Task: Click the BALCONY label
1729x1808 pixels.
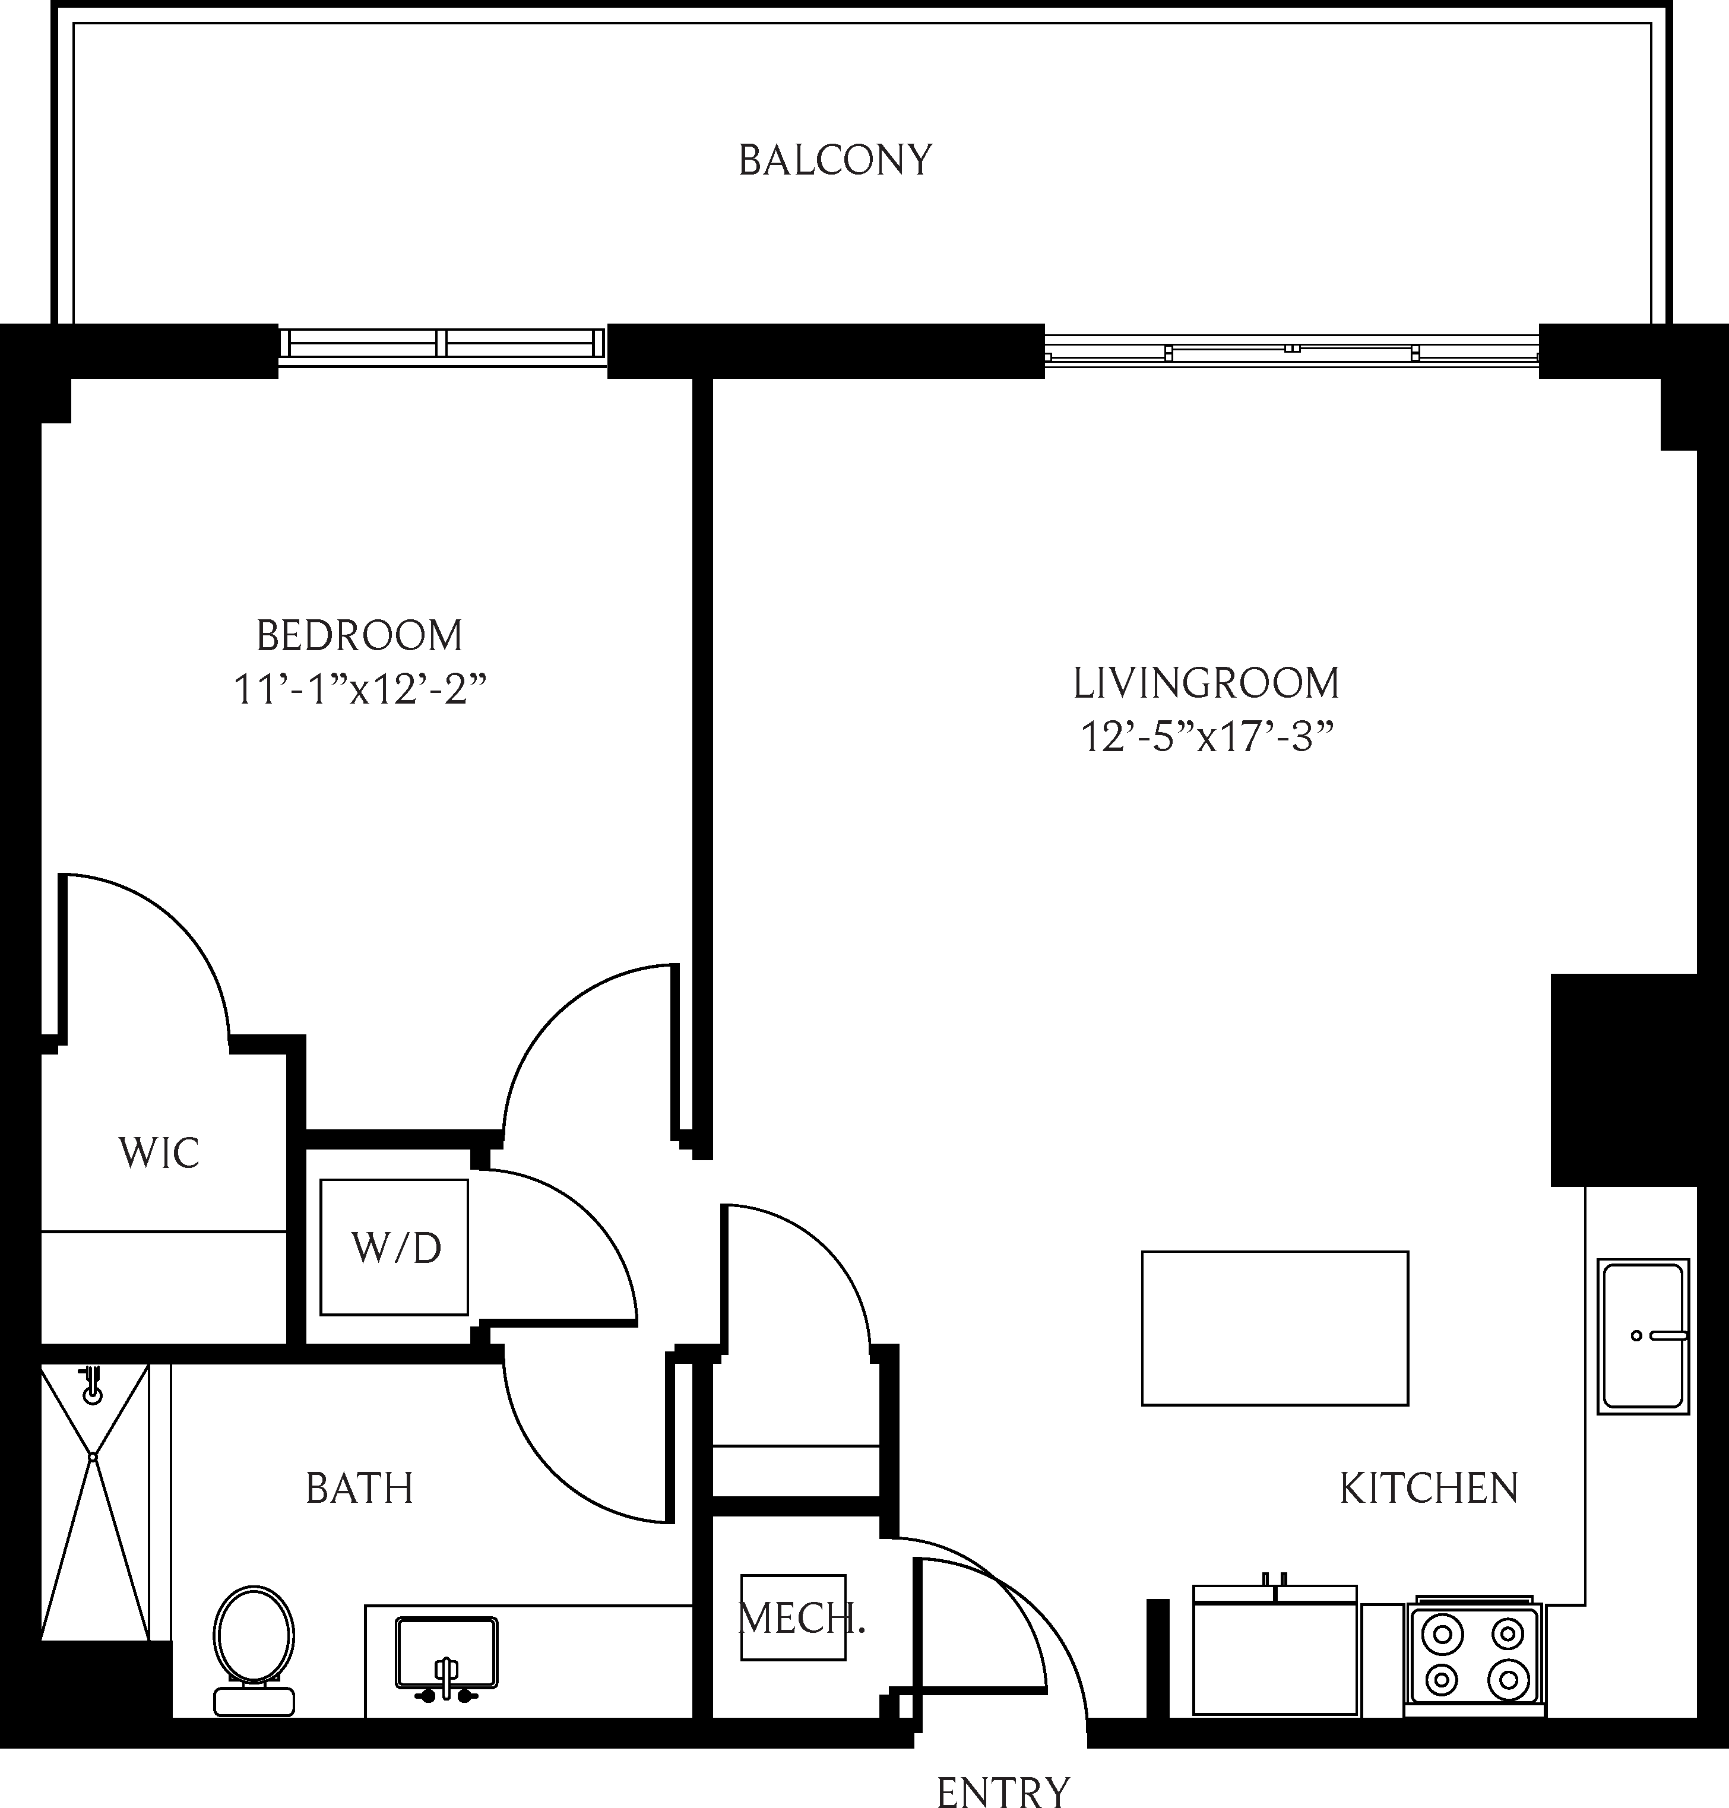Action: [835, 160]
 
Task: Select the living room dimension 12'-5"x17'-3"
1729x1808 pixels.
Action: [1207, 737]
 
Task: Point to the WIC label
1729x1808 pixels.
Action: [159, 1154]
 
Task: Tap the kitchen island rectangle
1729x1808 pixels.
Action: [1275, 1328]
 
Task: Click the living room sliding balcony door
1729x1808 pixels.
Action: [1290, 351]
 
